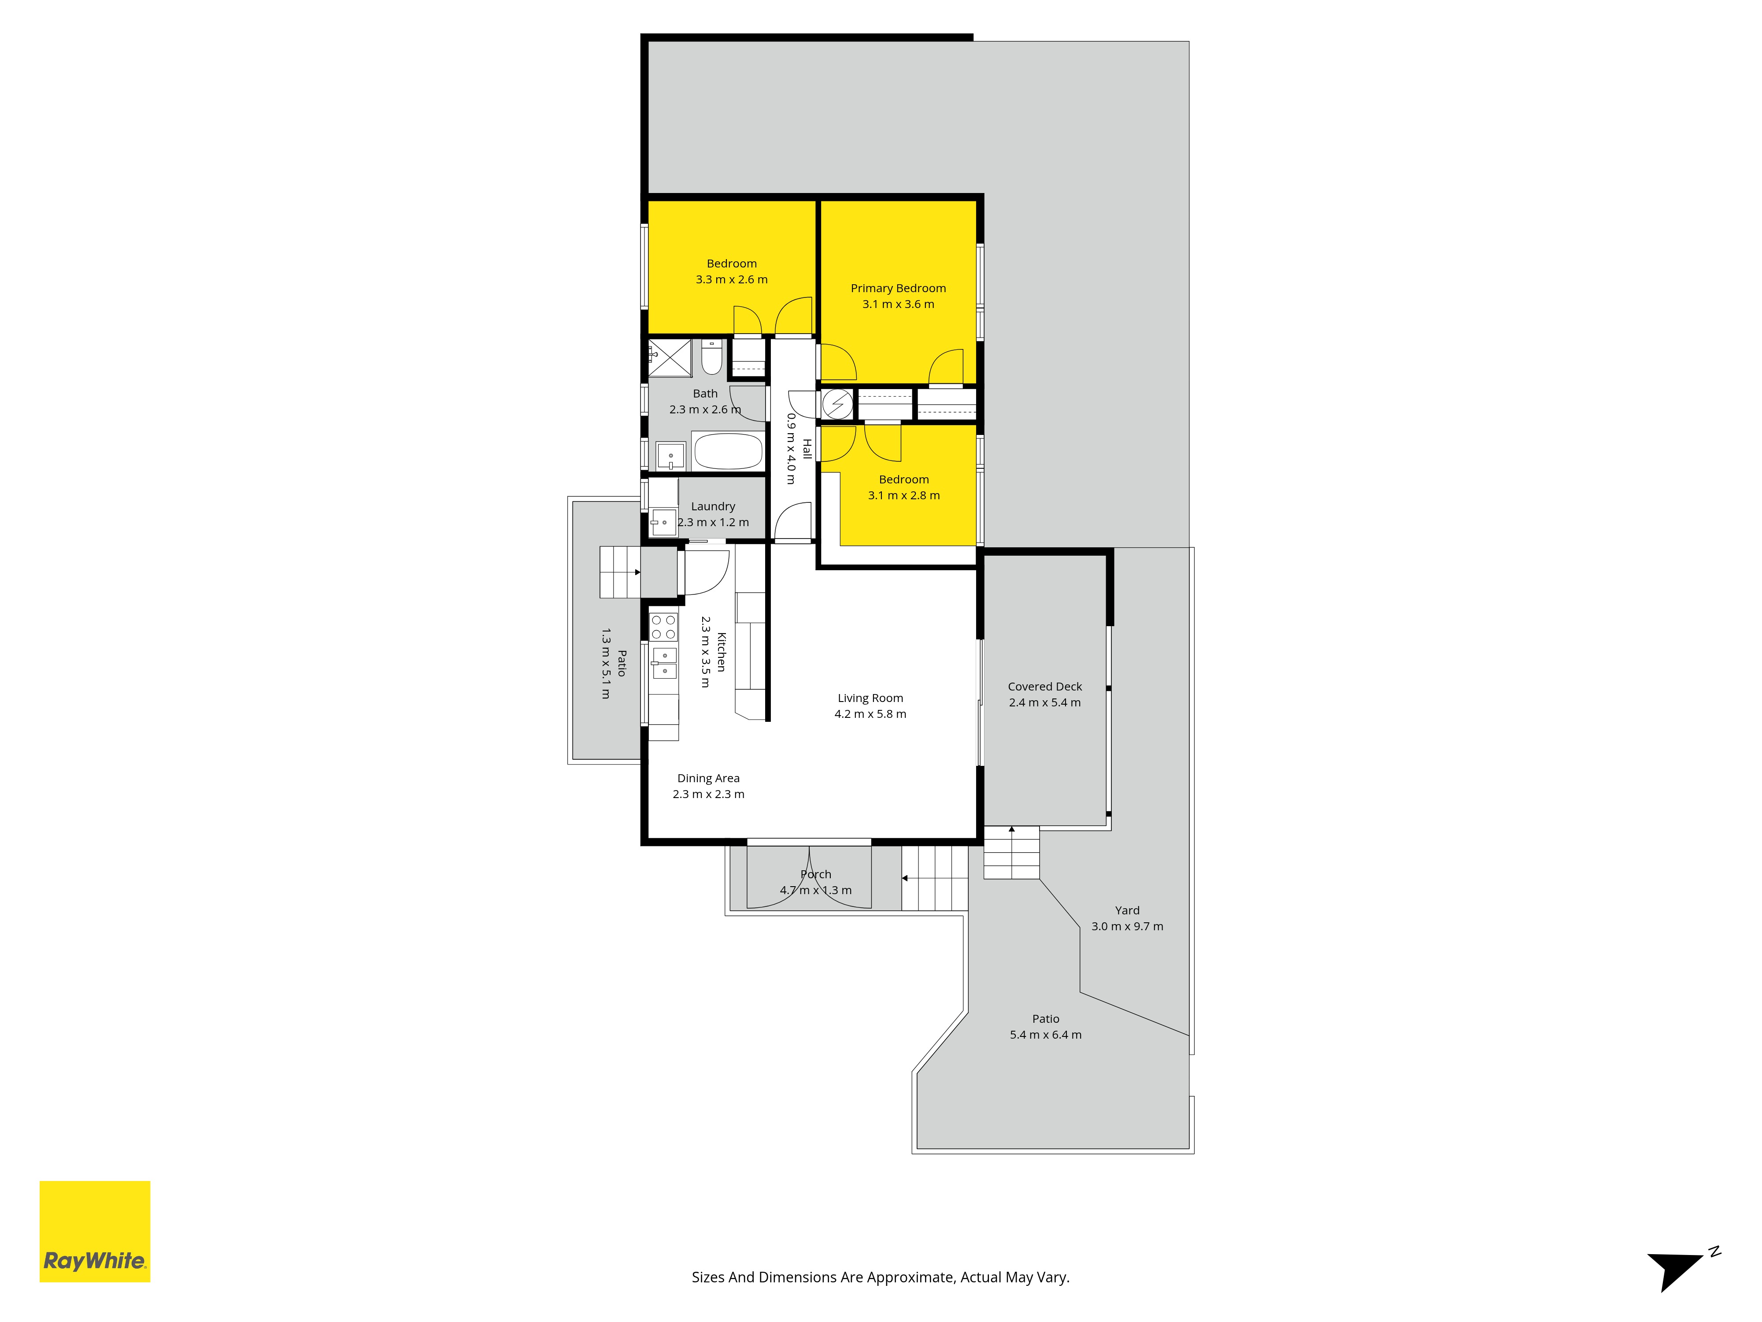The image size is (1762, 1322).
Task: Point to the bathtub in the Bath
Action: click(x=728, y=452)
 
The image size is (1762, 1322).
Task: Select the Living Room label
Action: click(x=870, y=698)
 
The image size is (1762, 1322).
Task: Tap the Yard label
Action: click(x=1127, y=910)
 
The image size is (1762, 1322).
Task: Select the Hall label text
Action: click(x=807, y=449)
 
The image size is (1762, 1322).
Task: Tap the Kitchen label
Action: click(x=722, y=652)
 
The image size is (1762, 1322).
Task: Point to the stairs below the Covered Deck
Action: click(x=1012, y=853)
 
